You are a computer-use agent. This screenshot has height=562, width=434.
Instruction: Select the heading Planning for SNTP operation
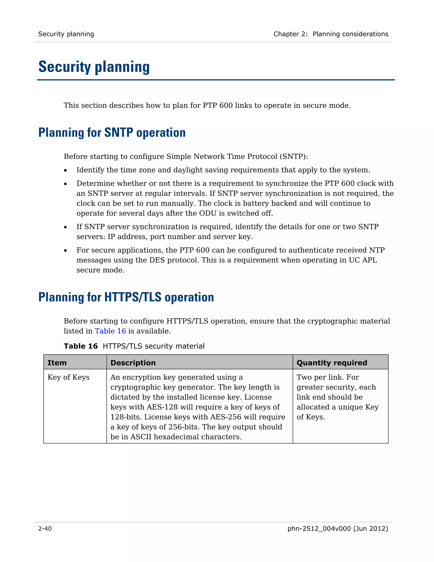pos(112,133)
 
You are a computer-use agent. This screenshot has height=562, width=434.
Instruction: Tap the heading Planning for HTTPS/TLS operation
pos(126,297)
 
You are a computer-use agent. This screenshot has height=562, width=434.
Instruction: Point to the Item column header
pos(57,363)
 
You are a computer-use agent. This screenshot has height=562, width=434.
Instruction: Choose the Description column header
pos(133,363)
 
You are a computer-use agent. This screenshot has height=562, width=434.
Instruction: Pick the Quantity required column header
pos(332,363)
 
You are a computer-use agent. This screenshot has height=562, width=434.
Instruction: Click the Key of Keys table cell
pos(68,377)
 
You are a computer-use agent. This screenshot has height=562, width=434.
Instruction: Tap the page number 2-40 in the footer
pos(45,528)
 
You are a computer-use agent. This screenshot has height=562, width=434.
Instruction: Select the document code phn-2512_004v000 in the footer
pos(319,528)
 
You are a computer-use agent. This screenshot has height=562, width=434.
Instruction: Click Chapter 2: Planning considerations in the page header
pos(331,34)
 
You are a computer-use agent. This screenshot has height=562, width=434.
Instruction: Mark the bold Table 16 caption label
pos(81,346)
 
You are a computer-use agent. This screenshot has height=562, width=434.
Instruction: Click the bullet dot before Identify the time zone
pos(65,170)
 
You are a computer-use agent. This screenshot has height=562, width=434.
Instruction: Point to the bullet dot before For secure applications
pos(65,251)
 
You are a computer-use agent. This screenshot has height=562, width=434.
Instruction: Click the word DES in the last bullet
pos(155,260)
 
